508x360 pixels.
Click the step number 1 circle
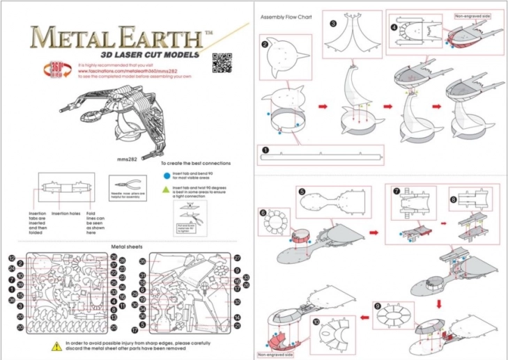point(265,149)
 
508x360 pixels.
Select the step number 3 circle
point(334,23)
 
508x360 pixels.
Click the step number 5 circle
point(302,191)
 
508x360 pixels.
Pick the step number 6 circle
point(263,213)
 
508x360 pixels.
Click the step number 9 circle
point(378,306)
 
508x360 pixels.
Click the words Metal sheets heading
point(127,246)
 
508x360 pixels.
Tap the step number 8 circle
point(454,198)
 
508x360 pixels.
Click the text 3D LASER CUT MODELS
point(149,54)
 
